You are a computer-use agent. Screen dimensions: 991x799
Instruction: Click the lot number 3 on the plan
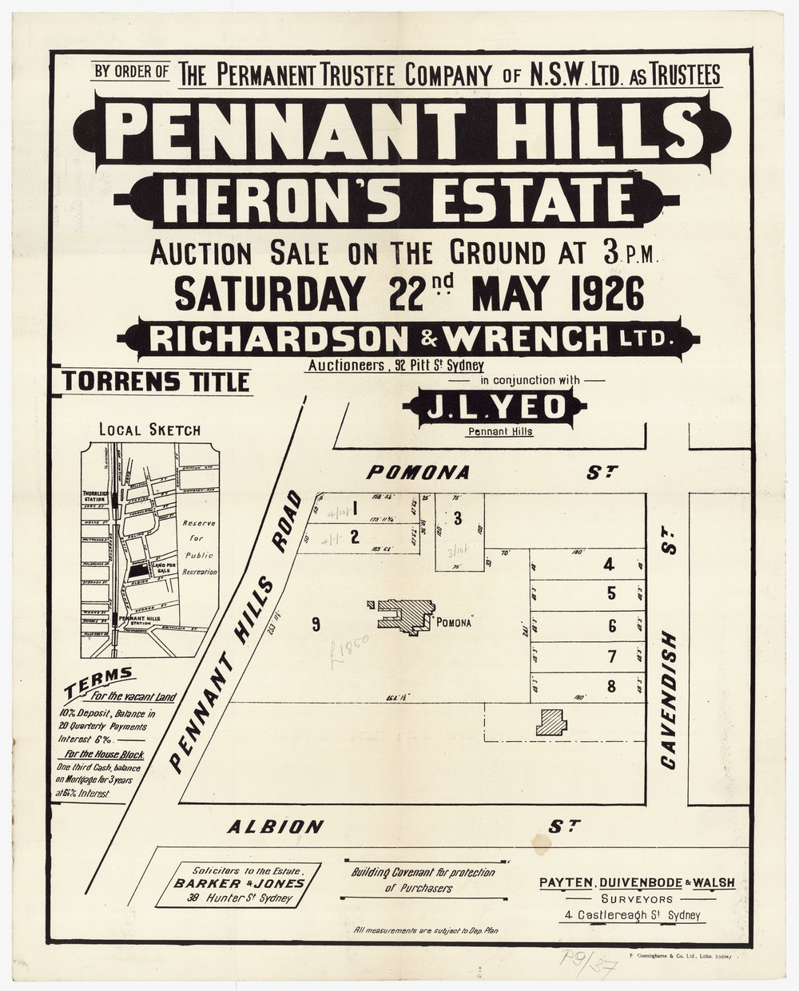coord(457,517)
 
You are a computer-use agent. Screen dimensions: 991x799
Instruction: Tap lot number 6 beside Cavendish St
coord(612,625)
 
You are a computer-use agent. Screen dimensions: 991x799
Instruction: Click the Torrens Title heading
coord(153,382)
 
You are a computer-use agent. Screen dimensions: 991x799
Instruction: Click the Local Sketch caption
coord(149,430)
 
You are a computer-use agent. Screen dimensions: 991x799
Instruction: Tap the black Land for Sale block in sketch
coord(139,568)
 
